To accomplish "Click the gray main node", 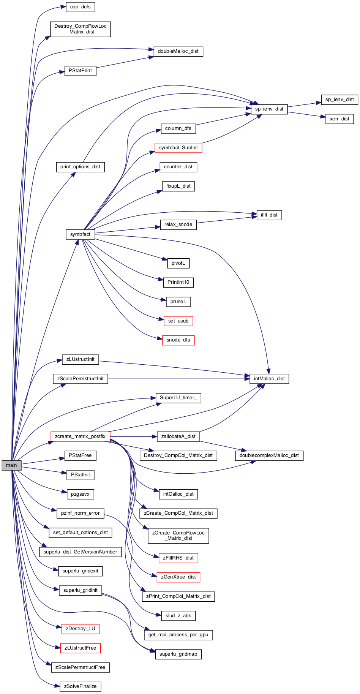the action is pos(11,465).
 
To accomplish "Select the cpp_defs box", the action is pos(81,7).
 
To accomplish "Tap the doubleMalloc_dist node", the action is pos(178,51).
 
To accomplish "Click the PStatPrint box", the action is pos(81,71).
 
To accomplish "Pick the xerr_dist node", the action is pos(339,119).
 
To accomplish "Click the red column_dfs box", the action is pos(178,128).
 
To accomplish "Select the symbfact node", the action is pos(80,234).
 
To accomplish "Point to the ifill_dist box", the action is pos(269,215).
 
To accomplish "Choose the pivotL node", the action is pos(178,263).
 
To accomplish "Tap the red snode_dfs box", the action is pos(178,340).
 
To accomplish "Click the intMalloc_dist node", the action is pos(269,379).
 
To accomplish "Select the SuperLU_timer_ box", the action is pos(178,398).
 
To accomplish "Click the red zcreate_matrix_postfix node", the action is pos(80,436).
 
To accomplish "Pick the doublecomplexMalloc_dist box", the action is pos(269,455).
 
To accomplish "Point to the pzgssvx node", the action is pos(81,494).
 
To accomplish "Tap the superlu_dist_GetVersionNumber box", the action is pos(81,552).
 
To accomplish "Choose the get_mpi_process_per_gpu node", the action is pos(178,635).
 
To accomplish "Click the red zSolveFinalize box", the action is pos(81,686).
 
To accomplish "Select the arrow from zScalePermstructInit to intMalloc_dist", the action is pos(179,379).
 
